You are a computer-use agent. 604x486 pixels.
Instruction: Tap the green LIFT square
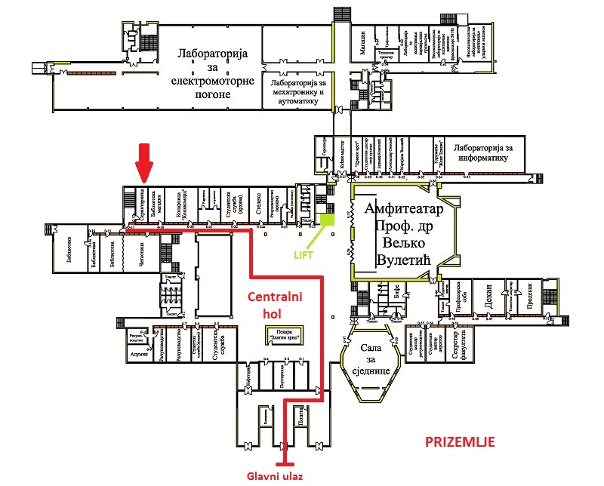tap(327, 220)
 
